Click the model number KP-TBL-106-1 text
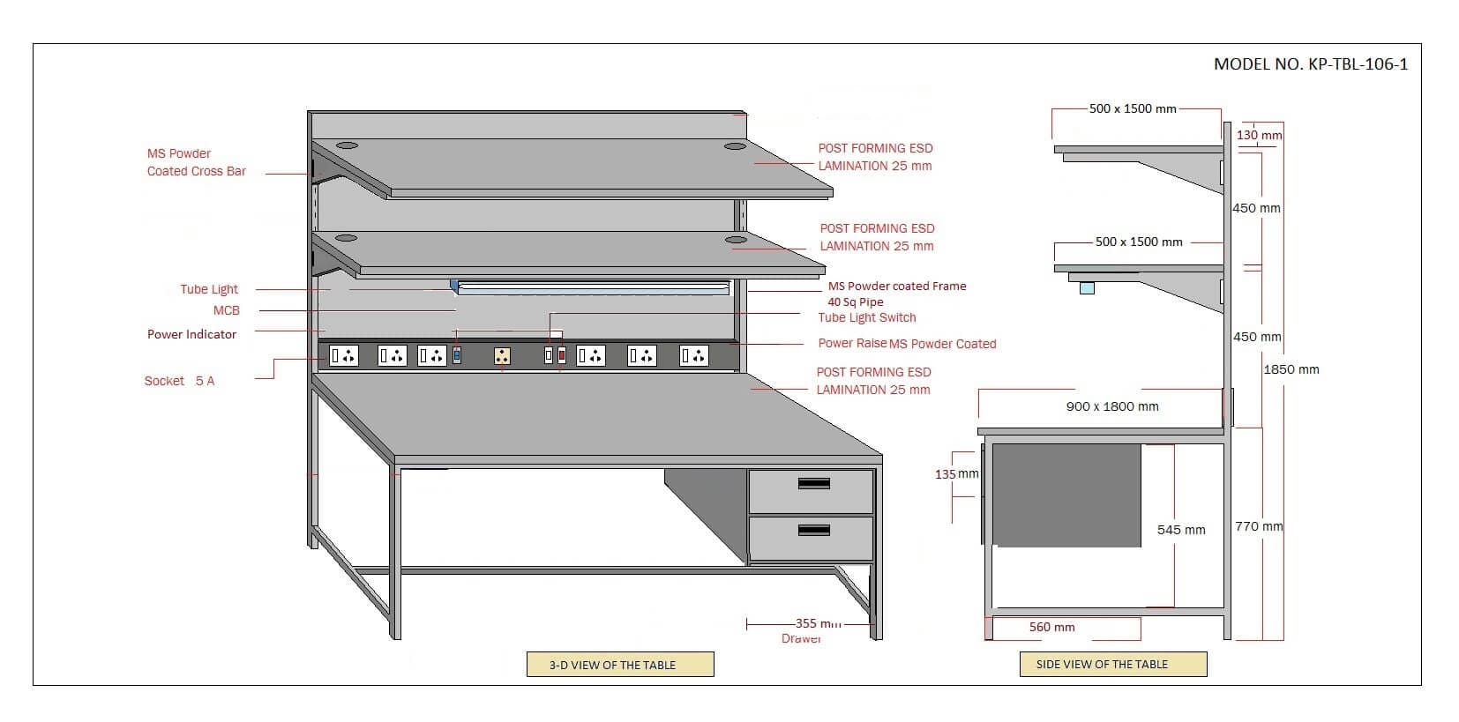pyautogui.click(x=1310, y=64)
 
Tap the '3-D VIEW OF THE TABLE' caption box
pyautogui.click(x=619, y=665)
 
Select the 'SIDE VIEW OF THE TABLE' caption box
pyautogui.click(x=1112, y=665)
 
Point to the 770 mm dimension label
pyautogui.click(x=1258, y=526)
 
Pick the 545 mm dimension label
pyautogui.click(x=1180, y=530)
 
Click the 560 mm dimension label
pyautogui.click(x=1051, y=628)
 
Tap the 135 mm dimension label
pyautogui.click(x=956, y=474)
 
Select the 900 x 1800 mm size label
pyautogui.click(x=1111, y=406)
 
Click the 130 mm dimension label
pyautogui.click(x=1259, y=136)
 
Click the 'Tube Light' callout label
pyautogui.click(x=209, y=289)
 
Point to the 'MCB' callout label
pyautogui.click(x=226, y=310)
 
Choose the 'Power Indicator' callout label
pyautogui.click(x=191, y=334)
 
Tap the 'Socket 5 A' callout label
pyautogui.click(x=179, y=381)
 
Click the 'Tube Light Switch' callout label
pyautogui.click(x=866, y=317)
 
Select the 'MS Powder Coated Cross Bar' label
pyautogui.click(x=196, y=162)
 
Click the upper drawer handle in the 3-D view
pyautogui.click(x=813, y=483)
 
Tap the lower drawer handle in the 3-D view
pyautogui.click(x=813, y=530)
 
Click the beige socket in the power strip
pyautogui.click(x=502, y=355)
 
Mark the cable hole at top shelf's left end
pyautogui.click(x=347, y=143)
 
